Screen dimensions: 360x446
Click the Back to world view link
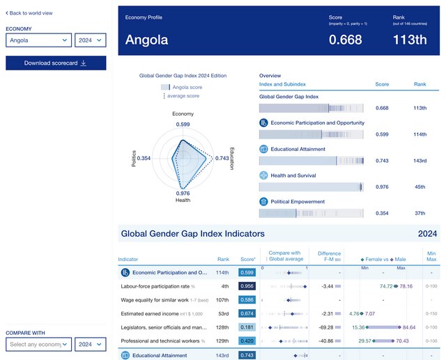[31, 13]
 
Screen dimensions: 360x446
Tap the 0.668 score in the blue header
[345, 40]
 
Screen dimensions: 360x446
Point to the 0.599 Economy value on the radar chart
[183, 124]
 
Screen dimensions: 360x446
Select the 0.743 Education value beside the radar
[222, 159]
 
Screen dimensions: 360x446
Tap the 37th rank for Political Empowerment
[420, 213]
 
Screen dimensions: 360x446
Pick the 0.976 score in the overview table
[382, 187]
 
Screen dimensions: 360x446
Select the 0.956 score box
[247, 286]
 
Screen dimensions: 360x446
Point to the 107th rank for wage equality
[223, 300]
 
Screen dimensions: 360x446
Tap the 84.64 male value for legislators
[408, 327]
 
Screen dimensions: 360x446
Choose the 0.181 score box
[247, 327]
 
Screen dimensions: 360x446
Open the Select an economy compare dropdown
[38, 343]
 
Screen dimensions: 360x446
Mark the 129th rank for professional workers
[223, 341]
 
